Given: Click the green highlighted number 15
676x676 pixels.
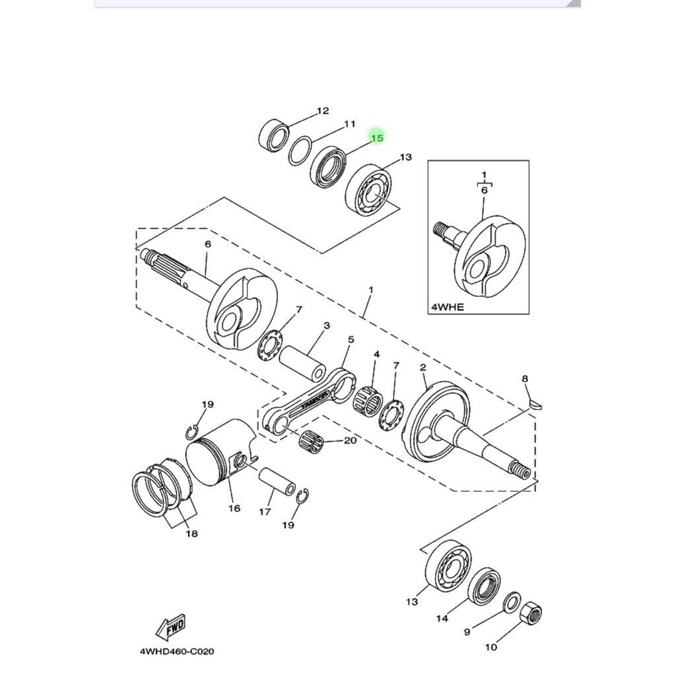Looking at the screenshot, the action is pos(377,138).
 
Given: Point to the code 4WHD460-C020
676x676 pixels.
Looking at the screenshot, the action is pos(177,651).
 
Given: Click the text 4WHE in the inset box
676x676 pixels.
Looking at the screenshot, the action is pos(448,307).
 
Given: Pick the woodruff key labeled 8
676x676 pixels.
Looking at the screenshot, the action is pos(535,405).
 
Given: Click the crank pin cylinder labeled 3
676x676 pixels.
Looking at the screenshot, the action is pos(302,364).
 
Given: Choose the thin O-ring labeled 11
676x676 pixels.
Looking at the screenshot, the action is pos(300,151).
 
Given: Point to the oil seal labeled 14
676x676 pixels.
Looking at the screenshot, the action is pos(484,587).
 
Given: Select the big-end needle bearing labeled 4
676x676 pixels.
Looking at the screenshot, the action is pos(368,399).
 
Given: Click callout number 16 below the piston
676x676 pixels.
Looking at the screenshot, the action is pos(234,509).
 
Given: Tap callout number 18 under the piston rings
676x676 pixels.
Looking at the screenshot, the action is pos(192,533).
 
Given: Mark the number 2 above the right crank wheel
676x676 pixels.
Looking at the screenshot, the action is pos(423,367).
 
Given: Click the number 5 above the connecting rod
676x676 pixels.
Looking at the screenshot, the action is pos(351,339).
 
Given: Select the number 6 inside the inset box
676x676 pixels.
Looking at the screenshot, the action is pos(484,189).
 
